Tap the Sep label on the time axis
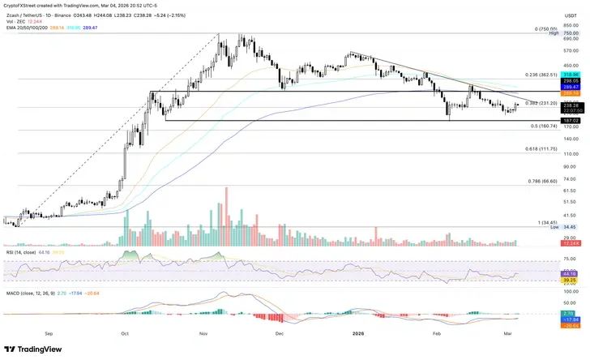pos(49,332)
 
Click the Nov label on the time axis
pos(203,332)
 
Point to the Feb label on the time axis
pos(435,332)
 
